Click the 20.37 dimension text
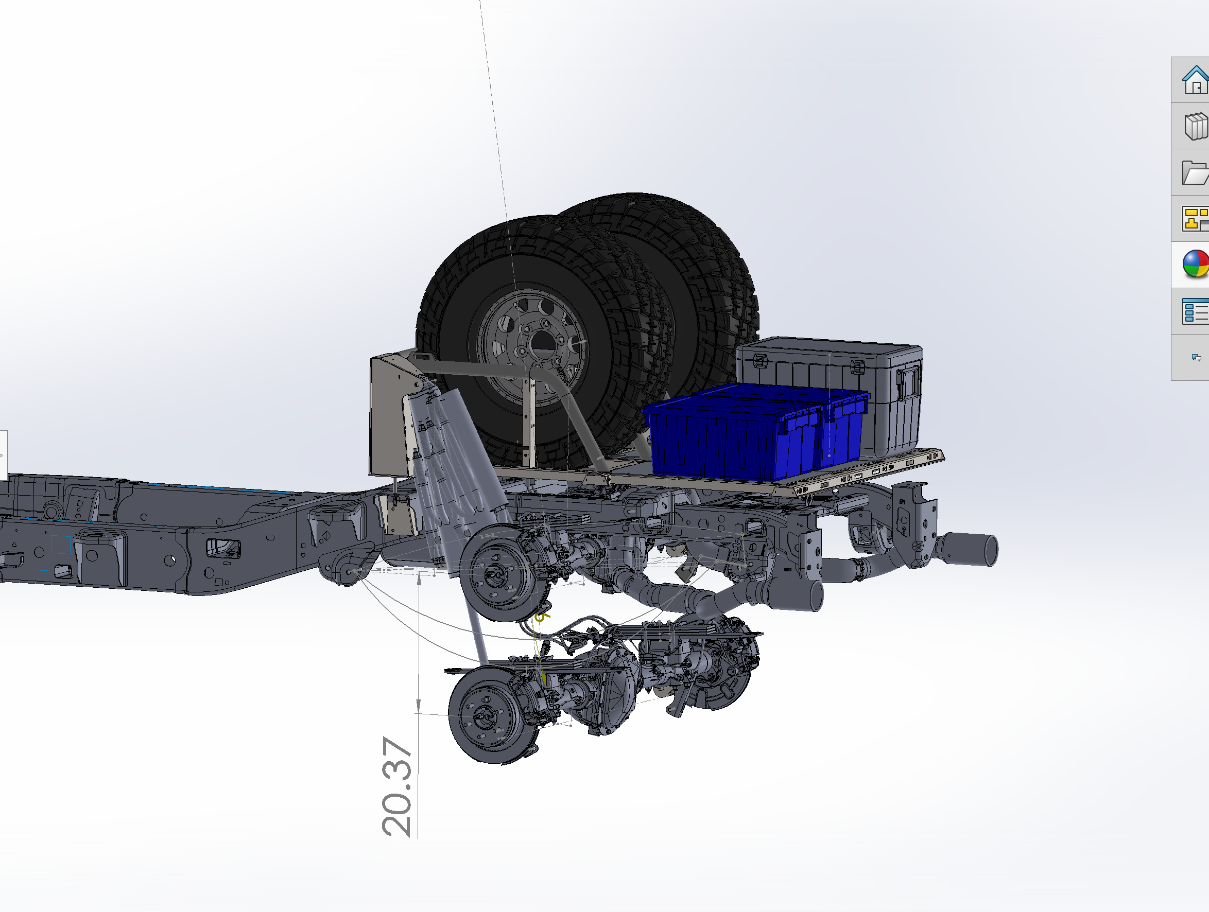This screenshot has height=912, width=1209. [x=397, y=786]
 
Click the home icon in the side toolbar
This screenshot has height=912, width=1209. [x=1195, y=80]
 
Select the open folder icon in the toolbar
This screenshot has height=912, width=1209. [x=1195, y=173]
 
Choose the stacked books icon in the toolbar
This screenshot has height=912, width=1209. [x=1196, y=126]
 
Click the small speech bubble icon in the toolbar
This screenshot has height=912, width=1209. [x=1197, y=357]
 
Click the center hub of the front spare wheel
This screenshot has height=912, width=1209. [x=541, y=342]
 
